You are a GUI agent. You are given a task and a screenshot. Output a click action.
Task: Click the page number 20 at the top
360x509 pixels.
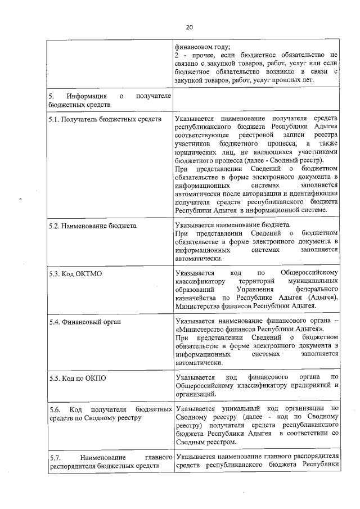[x=189, y=26]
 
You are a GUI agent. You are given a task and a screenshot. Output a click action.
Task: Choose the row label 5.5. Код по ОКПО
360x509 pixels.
[x=77, y=378]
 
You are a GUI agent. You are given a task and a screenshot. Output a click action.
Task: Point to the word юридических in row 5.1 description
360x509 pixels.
[x=194, y=152]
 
